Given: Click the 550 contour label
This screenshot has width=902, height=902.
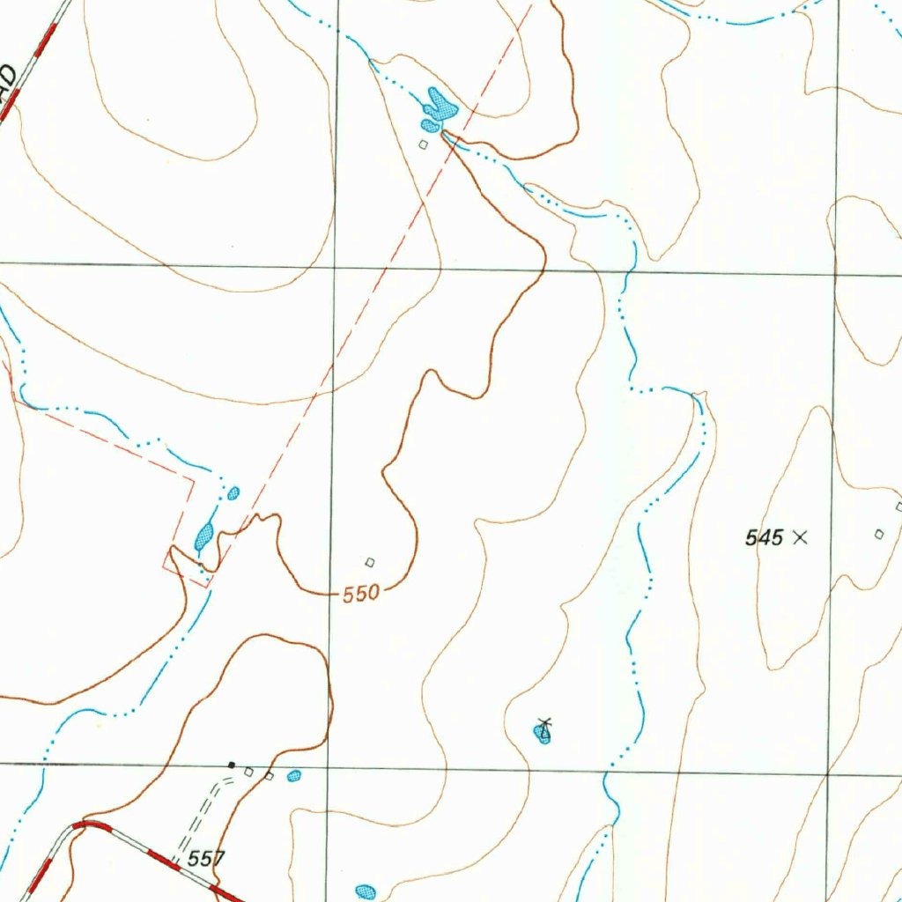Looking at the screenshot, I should pos(361,593).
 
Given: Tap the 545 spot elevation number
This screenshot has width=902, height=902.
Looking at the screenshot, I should pos(764,537).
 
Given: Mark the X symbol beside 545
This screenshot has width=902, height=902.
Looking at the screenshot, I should pos(800,536).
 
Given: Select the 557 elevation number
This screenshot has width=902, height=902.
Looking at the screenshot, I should pos(206,858).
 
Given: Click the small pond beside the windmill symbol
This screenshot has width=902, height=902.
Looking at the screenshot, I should pos(541,734).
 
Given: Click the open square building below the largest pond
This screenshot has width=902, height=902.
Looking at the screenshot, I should pos(424,144).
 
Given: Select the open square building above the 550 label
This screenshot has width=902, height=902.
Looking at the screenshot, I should pos(370,562).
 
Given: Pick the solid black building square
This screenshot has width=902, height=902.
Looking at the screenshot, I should pos(232,765).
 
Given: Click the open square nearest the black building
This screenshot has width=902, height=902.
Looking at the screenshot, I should pos(249,773).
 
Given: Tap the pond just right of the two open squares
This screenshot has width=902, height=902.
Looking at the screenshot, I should pos(294,776).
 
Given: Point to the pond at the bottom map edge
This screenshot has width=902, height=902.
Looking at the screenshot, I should pos(365,892).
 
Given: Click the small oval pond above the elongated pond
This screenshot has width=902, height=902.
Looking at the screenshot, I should pos(233,493).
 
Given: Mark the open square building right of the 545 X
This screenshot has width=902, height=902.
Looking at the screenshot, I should pos(878,534).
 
